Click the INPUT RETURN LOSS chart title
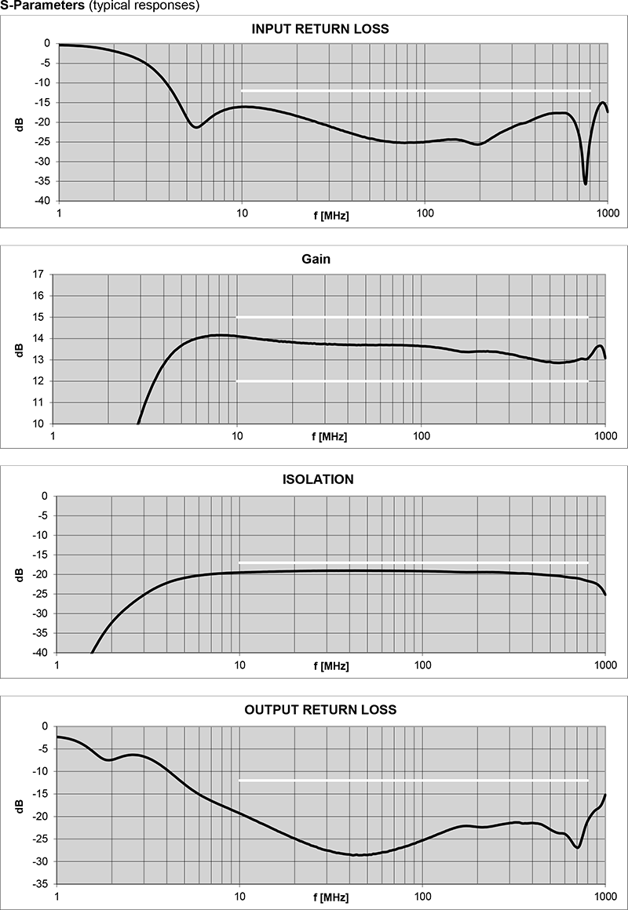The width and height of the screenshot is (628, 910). (319, 29)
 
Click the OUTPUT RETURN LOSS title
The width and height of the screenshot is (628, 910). (320, 710)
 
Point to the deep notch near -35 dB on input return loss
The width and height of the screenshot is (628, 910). (585, 183)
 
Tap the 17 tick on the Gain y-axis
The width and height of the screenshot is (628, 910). (38, 275)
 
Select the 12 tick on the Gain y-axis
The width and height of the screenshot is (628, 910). (38, 381)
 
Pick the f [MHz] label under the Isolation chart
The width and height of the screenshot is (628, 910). (330, 666)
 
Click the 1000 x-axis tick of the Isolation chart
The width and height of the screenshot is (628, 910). (604, 666)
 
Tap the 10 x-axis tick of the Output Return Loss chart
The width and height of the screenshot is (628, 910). (239, 896)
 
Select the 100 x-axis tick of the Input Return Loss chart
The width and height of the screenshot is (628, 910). (425, 214)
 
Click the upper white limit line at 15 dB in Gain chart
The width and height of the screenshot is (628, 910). (412, 317)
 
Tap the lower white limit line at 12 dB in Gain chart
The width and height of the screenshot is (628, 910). (412, 381)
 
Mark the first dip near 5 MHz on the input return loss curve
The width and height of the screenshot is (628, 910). (196, 126)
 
